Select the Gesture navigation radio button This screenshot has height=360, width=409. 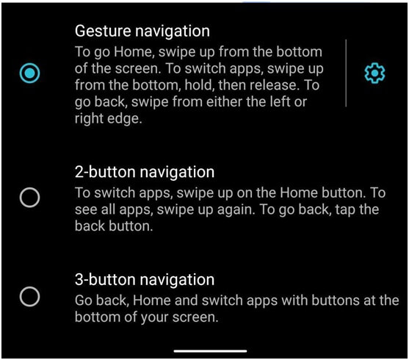[29, 73]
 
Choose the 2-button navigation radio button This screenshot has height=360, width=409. [29, 198]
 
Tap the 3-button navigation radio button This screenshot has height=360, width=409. [29, 297]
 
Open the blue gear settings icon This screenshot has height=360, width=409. [374, 73]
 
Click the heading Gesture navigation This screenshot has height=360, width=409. [142, 32]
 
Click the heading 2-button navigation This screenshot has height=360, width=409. [145, 173]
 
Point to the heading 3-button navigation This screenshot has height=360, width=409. [145, 280]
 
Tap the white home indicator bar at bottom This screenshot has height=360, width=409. [210, 351]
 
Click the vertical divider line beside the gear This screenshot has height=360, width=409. [346, 73]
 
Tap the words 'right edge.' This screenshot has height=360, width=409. [109, 119]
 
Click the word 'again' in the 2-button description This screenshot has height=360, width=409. [236, 210]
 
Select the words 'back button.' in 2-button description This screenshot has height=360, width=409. [114, 226]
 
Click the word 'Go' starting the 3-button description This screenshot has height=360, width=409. [83, 300]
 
